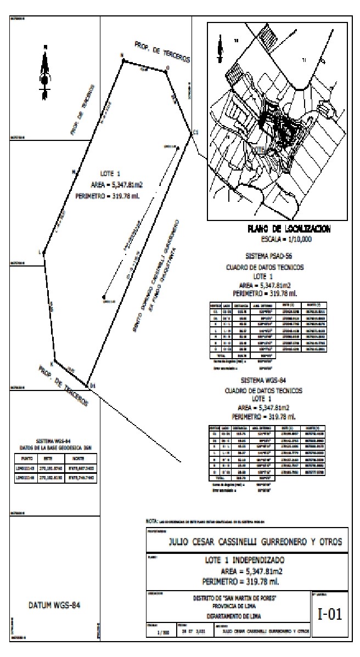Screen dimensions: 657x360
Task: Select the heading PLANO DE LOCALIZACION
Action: (x=284, y=230)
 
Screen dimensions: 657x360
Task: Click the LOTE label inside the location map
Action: (x=259, y=149)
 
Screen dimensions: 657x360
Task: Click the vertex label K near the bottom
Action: (x=53, y=363)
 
